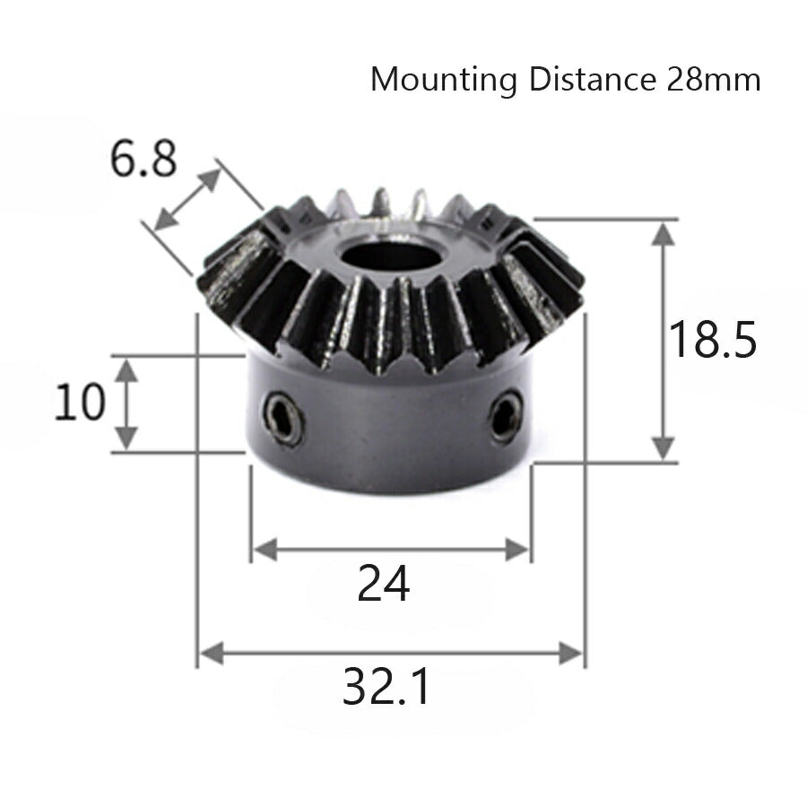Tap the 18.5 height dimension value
(714, 341)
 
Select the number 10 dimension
(79, 403)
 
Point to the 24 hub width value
(384, 585)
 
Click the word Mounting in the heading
(444, 81)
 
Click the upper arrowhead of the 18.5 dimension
(664, 235)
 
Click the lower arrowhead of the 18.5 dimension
(664, 447)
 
